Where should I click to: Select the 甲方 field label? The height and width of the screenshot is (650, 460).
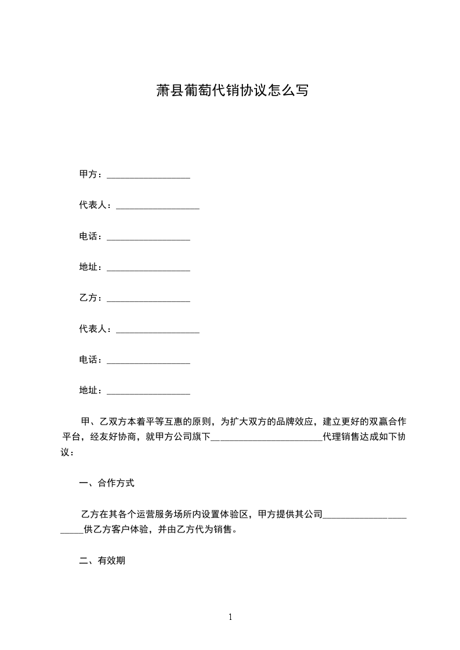88,174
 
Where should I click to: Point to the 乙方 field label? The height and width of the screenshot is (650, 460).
88,298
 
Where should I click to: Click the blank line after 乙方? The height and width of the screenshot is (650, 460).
148,300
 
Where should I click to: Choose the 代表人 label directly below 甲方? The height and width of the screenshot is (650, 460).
93,205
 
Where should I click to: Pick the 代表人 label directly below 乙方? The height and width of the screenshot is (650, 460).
93,328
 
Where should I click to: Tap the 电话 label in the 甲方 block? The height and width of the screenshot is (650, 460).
88,236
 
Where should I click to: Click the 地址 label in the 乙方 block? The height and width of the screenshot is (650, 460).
88,390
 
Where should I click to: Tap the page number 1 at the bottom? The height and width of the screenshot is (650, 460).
230,618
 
